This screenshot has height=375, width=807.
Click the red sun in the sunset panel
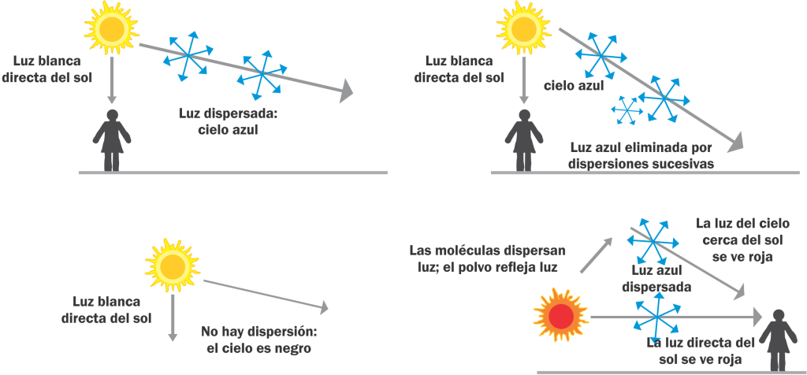[560, 315]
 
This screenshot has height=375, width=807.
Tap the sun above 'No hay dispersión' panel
[169, 262]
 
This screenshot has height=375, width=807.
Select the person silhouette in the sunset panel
[779, 337]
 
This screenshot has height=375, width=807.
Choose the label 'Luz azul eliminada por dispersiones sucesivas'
[641, 155]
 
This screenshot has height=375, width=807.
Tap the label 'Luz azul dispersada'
[656, 279]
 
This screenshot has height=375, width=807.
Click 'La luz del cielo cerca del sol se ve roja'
[735, 239]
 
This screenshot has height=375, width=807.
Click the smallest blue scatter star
[629, 109]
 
